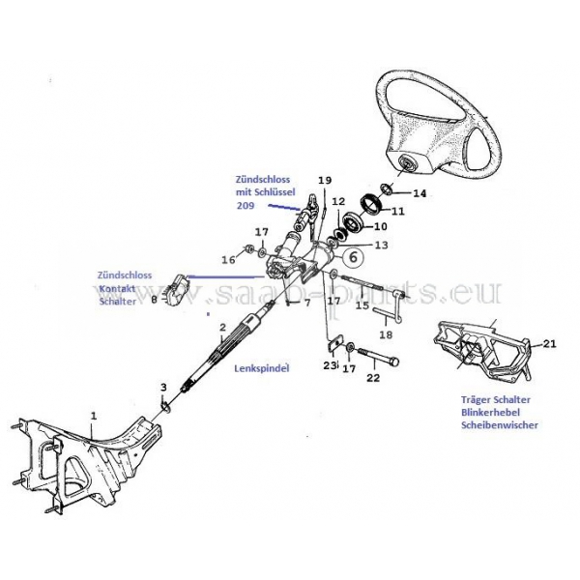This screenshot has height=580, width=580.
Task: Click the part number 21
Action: click(x=550, y=343)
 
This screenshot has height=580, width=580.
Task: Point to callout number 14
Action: click(x=419, y=193)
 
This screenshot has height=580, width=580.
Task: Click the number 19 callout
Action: click(x=324, y=181)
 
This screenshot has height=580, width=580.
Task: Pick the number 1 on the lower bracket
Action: click(x=94, y=415)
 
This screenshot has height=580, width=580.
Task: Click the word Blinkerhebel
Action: click(x=498, y=411)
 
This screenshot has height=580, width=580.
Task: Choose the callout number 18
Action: click(x=385, y=334)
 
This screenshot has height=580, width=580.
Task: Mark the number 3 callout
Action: click(x=163, y=388)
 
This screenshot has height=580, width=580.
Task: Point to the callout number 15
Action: click(x=362, y=305)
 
